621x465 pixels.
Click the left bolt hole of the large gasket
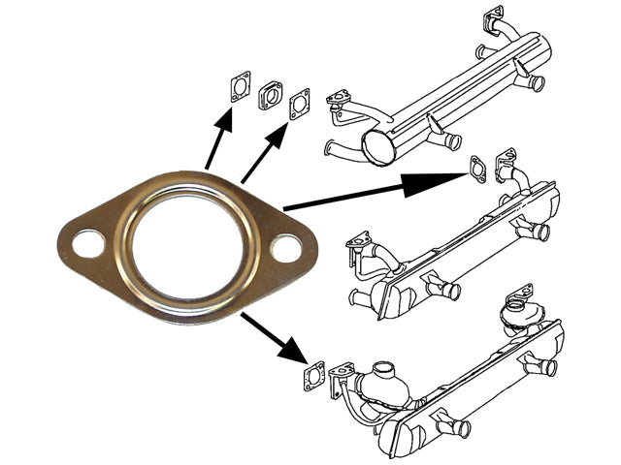(x=88, y=242)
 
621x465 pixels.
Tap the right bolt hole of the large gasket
(x=285, y=248)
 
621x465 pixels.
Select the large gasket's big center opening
(x=187, y=245)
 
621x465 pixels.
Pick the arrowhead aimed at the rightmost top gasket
(x=277, y=132)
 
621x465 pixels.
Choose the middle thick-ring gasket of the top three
(x=270, y=95)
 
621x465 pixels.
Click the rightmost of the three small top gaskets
(x=300, y=104)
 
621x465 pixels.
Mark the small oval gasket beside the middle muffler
(x=477, y=168)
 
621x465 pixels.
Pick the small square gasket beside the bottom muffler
(x=313, y=377)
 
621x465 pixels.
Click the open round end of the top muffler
(x=376, y=147)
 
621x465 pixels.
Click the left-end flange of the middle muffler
(x=359, y=244)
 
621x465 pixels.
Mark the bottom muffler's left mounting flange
(x=342, y=377)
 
